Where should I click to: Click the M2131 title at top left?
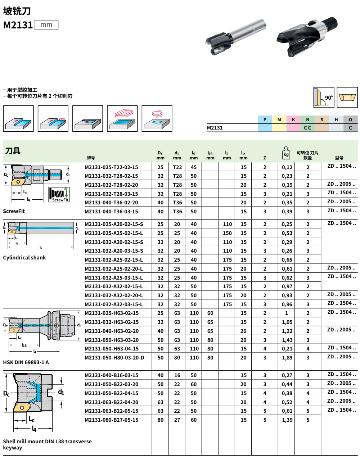point(18,25)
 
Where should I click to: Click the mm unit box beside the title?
point(46,25)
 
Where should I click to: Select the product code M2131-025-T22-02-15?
point(111,167)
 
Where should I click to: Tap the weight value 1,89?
point(287,358)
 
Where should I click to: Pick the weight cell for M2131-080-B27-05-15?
point(287,420)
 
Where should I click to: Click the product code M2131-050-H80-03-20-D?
point(114,358)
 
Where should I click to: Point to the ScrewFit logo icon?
point(59,195)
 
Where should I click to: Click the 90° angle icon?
point(324,98)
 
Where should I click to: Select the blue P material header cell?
point(265,120)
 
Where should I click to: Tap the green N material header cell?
point(307,120)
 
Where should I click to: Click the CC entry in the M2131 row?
point(307,128)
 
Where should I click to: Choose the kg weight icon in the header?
point(286,153)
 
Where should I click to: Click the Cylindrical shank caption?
point(24,258)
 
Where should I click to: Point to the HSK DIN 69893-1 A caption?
point(26,362)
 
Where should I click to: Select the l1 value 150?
point(227,233)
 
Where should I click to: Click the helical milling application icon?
point(157,118)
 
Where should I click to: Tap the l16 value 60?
point(210,313)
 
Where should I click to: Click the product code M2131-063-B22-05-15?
point(111,411)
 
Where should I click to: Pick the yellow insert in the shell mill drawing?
point(21,408)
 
